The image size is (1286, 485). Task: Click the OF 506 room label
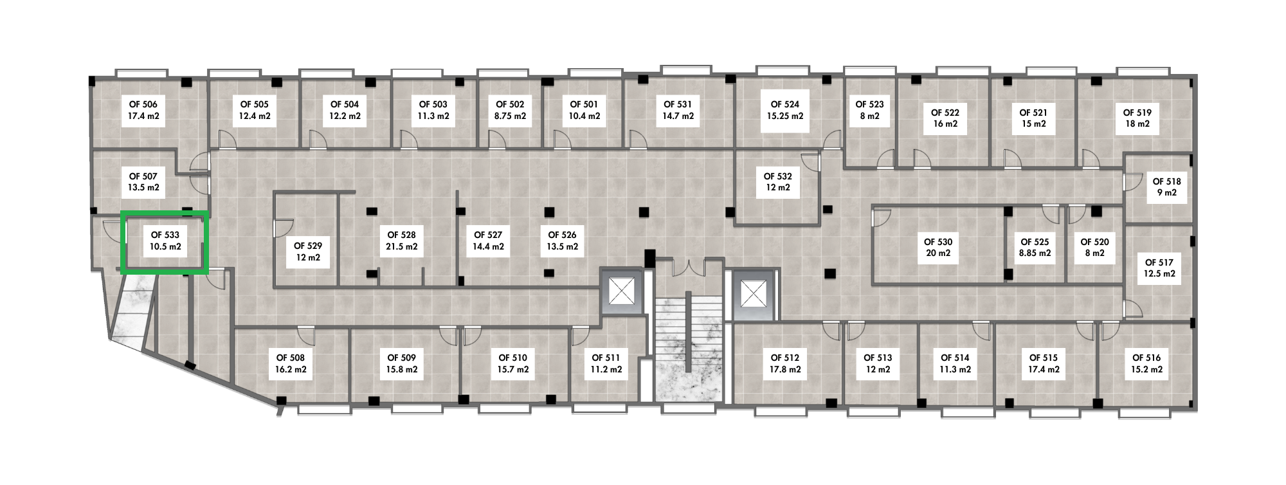(143, 104)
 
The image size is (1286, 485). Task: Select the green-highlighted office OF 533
(165, 243)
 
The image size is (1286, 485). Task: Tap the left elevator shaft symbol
(621, 293)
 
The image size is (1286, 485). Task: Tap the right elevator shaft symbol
(750, 294)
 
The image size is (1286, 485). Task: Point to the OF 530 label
(938, 242)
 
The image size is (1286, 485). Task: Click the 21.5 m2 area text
(402, 246)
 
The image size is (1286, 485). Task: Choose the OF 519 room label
(1137, 113)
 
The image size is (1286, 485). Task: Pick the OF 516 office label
(1146, 358)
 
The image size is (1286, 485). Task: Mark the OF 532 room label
(778, 176)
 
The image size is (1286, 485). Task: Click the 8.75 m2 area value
(510, 116)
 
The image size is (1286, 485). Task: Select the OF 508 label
(291, 358)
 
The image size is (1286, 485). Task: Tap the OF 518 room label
(1167, 181)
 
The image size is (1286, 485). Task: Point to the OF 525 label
(1035, 242)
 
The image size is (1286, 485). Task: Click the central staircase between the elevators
(688, 348)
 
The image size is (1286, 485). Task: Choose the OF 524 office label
(785, 104)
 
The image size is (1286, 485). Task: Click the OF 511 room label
(605, 358)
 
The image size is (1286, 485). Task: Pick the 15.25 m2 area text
(785, 116)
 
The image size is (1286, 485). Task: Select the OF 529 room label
(308, 246)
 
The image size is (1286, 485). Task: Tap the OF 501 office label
(584, 104)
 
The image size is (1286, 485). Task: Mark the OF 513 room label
(878, 358)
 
